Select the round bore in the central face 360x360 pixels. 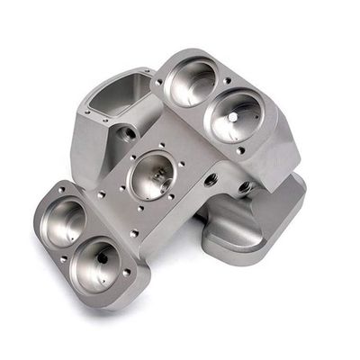click(x=154, y=174)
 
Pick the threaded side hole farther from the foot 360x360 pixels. click(x=211, y=179)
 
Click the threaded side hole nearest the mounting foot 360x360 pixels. click(x=244, y=188)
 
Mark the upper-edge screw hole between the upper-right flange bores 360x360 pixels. click(x=222, y=78)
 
